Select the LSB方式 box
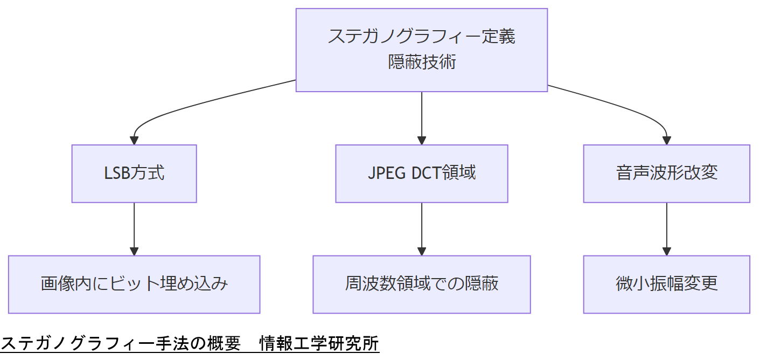pos(134,174)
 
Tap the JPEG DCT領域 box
pos(421,174)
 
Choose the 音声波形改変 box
pos(666,174)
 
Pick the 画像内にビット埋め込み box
pos(134,284)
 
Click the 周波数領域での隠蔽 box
pos(421,284)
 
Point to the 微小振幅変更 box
pos(666,284)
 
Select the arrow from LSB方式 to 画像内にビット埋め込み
pos(134,226)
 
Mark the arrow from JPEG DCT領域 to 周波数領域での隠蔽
pos(421,226)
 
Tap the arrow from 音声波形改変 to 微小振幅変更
pos(666,226)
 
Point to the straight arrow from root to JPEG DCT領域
pos(421,116)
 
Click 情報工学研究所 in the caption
pos(319,344)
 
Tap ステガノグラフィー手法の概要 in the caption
pos(121,344)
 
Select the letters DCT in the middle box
pos(426,174)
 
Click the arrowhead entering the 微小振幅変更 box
pos(666,251)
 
